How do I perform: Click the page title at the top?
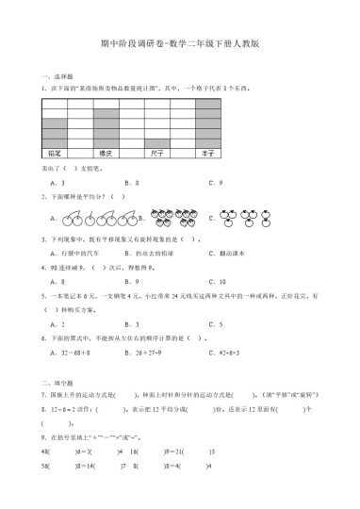pyautogui.click(x=179, y=43)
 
